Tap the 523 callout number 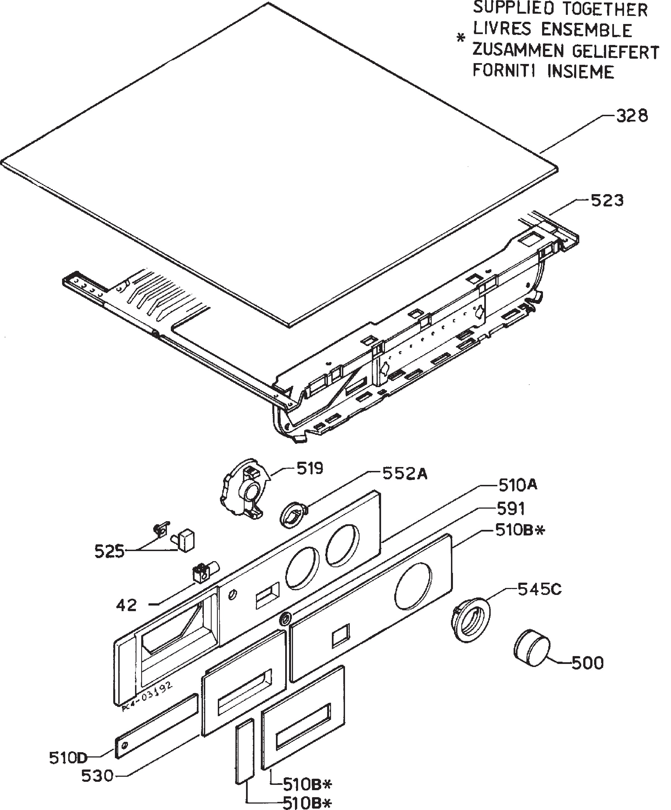(x=607, y=201)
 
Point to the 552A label (x=405, y=474)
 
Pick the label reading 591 (x=511, y=509)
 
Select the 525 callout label (x=110, y=552)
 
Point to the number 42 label (x=127, y=606)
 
